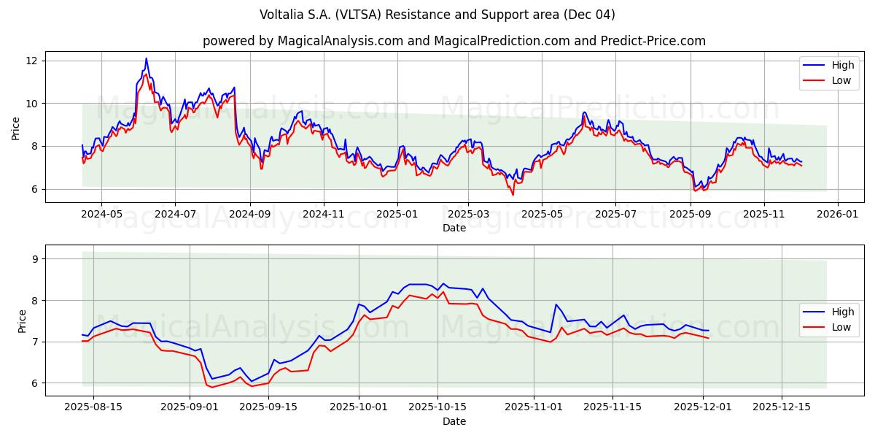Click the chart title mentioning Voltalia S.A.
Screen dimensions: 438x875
(x=437, y=15)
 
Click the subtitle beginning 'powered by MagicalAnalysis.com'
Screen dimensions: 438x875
(x=454, y=41)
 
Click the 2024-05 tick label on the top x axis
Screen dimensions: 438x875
(x=101, y=215)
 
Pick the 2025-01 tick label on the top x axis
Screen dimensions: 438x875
(x=397, y=215)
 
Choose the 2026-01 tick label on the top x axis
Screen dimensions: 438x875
(x=838, y=215)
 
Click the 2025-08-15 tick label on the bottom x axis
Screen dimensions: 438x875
(x=94, y=407)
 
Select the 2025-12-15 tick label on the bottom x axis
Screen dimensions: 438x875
(x=781, y=407)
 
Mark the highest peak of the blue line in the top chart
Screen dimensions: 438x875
(x=146, y=58)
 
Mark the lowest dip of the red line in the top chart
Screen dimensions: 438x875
(x=513, y=195)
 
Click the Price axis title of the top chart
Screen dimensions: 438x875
(x=16, y=128)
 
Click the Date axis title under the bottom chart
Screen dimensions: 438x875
(x=454, y=421)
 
